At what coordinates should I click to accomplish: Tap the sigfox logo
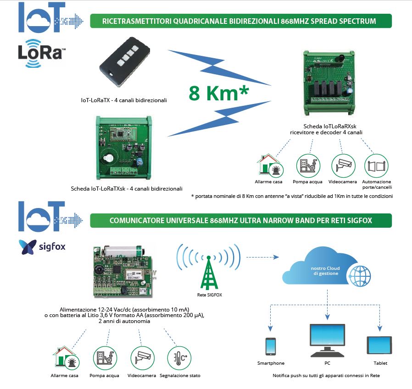42,247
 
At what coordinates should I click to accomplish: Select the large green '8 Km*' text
218,93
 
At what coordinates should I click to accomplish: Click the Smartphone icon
271,347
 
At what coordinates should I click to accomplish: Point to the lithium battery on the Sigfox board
123,252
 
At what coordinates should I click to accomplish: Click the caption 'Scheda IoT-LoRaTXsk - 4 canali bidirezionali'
127,188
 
